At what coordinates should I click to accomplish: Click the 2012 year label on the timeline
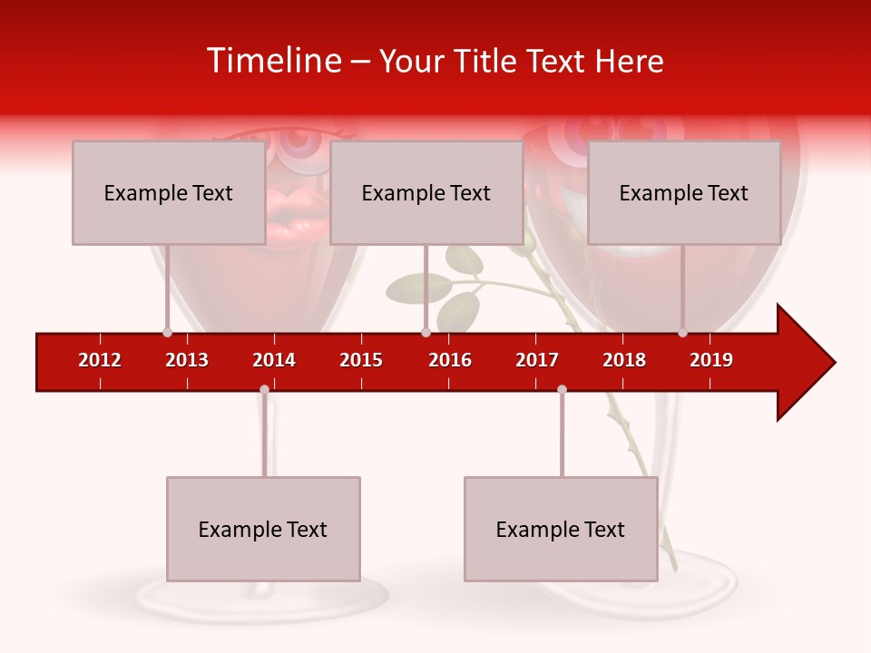point(100,360)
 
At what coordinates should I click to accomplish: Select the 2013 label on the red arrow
point(187,360)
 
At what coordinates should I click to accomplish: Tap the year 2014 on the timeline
point(274,360)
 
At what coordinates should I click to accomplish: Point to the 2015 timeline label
point(361,360)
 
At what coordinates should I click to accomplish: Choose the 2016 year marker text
point(450,360)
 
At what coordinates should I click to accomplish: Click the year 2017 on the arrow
point(537,360)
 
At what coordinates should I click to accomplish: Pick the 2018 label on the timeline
point(624,360)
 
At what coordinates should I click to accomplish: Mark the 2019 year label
point(711,360)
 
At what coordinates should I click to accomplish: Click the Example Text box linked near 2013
point(169,192)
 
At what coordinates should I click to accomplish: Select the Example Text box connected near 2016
point(426,192)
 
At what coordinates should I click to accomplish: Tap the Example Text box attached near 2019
point(684,192)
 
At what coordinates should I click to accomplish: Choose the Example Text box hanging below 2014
point(263,529)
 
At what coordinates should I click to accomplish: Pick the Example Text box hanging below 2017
point(561,529)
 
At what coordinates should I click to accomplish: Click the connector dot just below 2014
point(264,389)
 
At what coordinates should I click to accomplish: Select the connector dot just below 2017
point(562,389)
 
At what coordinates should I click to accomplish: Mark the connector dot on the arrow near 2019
point(682,332)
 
